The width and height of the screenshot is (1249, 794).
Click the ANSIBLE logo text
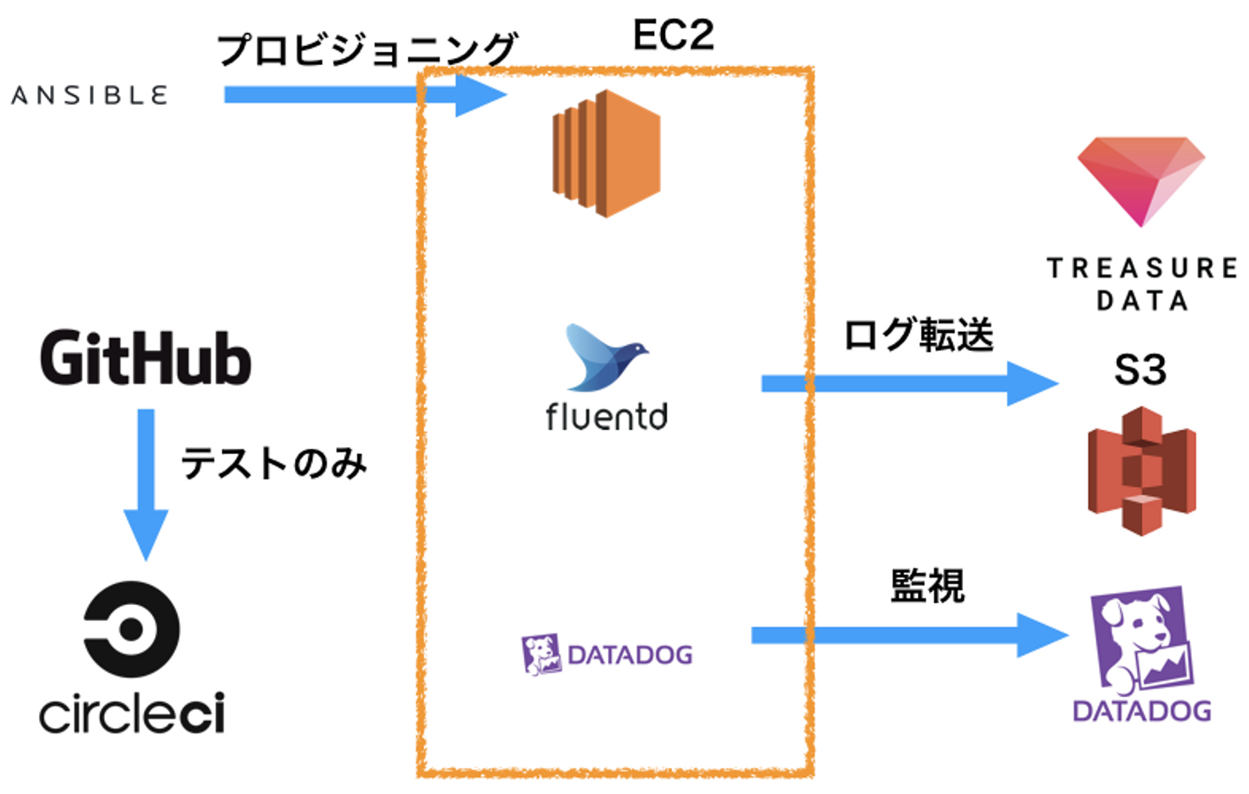88,95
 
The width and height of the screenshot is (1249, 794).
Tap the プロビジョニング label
366,49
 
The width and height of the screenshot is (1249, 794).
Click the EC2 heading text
673,36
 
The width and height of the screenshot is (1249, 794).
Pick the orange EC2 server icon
606,153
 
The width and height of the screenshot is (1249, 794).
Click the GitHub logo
146,358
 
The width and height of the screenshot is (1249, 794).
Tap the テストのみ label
274,464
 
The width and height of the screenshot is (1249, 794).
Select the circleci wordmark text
132,713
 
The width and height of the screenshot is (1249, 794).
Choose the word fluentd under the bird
606,417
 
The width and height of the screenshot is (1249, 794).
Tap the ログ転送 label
919,335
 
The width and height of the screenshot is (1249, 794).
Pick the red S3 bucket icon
1141,472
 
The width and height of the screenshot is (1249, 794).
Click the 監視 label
927,587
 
